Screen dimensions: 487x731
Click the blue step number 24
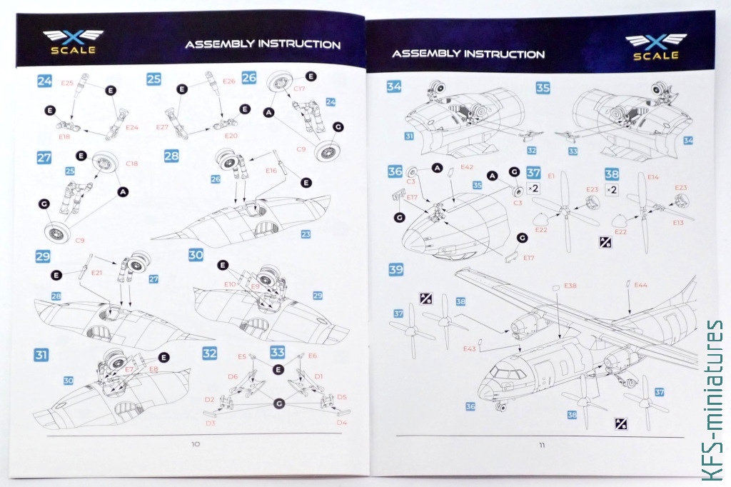(x=44, y=81)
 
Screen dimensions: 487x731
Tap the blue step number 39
(x=395, y=270)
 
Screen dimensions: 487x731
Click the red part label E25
(x=67, y=83)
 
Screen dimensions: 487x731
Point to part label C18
(x=131, y=164)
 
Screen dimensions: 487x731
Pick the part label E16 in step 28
(x=271, y=171)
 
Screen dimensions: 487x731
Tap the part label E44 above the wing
(x=641, y=284)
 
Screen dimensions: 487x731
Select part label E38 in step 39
(x=570, y=286)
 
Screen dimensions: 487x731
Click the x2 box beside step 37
(x=534, y=189)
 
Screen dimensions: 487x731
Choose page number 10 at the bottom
(x=196, y=444)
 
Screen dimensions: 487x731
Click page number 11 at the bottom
(x=542, y=446)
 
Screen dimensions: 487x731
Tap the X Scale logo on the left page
(x=73, y=42)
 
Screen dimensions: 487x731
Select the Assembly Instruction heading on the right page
(x=468, y=54)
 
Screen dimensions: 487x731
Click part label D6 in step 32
(x=233, y=376)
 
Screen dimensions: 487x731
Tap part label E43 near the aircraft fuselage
(x=469, y=348)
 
